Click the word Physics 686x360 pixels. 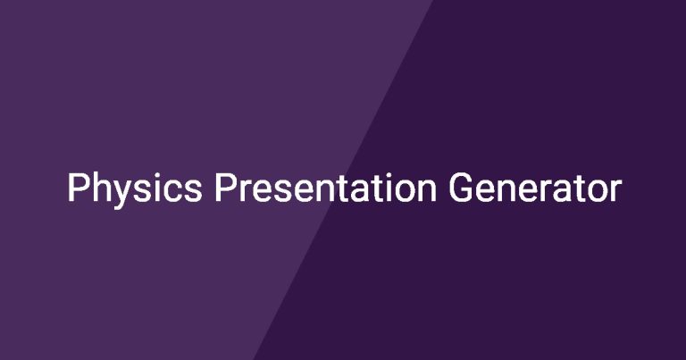(135, 188)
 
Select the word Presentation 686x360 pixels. (325, 188)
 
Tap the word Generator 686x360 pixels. (535, 188)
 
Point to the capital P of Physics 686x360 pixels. (77, 188)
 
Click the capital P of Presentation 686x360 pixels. (224, 188)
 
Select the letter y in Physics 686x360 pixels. (122, 195)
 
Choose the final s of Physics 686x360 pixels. (193, 191)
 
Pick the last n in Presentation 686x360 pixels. (429, 190)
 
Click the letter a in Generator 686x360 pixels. (561, 191)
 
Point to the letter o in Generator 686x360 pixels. (597, 191)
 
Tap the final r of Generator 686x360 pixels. (616, 190)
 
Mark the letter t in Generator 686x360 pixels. (579, 189)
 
